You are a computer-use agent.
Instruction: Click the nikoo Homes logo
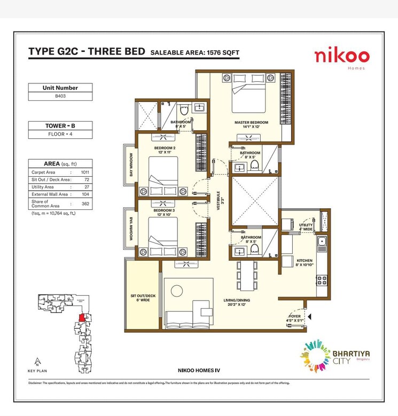341,57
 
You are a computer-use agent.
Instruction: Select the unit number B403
60,97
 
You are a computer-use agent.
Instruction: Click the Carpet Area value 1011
85,172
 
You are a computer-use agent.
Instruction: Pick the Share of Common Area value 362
85,203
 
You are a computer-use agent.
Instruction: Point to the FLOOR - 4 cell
60,135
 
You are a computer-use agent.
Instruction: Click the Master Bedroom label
251,124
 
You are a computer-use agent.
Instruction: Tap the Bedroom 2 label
165,150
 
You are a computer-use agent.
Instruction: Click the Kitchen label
305,262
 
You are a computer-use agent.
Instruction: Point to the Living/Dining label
237,303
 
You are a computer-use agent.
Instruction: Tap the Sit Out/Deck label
143,297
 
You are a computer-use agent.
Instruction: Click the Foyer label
295,319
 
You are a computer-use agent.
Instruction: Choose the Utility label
306,227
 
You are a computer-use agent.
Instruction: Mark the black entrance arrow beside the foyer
309,317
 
